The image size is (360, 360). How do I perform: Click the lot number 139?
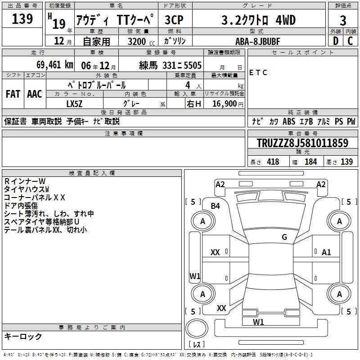pyautogui.click(x=22, y=19)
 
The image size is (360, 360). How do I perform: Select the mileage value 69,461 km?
pyautogui.click(x=55, y=65)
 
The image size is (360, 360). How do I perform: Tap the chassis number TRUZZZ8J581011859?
pyautogui.click(x=302, y=143)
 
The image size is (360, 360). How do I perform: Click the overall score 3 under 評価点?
pyautogui.click(x=343, y=21)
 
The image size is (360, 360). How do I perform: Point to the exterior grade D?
pyautogui.click(x=336, y=41)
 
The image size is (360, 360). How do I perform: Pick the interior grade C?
pyautogui.click(x=350, y=41)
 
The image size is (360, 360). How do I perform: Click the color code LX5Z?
pyautogui.click(x=74, y=104)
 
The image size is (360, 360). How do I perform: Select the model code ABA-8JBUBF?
pyautogui.click(x=258, y=41)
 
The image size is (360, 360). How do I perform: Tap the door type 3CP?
pyautogui.click(x=174, y=20)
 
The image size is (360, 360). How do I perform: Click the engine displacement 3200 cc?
pyautogui.click(x=141, y=42)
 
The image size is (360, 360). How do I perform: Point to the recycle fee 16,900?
pyautogui.click(x=224, y=104)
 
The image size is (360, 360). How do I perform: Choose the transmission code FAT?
pyautogui.click(x=13, y=94)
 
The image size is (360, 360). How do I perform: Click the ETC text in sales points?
pyautogui.click(x=258, y=72)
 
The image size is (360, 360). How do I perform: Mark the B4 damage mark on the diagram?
pyautogui.click(x=216, y=206)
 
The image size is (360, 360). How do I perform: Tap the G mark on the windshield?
pyautogui.click(x=284, y=237)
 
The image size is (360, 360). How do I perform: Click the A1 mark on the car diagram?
pyautogui.click(x=326, y=252)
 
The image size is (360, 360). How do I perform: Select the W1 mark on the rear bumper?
pyautogui.click(x=258, y=322)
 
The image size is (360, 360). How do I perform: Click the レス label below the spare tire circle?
pyautogui.click(x=197, y=344)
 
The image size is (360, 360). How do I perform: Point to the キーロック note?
pyautogui.click(x=23, y=336)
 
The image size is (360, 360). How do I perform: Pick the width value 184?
pyautogui.click(x=310, y=162)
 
